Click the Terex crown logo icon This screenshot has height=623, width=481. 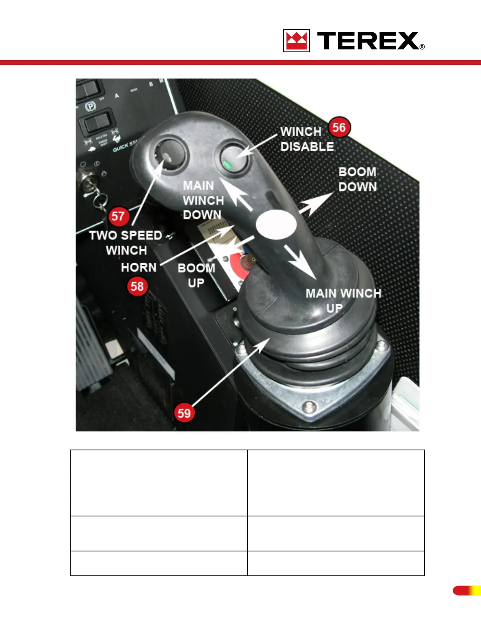coord(296,41)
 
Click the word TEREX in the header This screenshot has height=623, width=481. coord(368,41)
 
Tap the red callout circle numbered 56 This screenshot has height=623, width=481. coord(339,127)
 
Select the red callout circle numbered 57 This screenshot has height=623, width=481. coord(118,216)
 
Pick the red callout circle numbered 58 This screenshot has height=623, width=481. coord(137,286)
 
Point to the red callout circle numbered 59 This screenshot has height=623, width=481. coord(184,413)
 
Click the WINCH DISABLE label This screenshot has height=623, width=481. coord(307,139)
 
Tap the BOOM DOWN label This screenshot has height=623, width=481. coord(357,179)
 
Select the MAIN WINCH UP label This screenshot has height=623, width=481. coord(343,300)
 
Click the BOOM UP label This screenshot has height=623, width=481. coord(196,275)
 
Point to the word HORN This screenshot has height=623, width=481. coord(139,267)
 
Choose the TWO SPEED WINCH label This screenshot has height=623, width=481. coord(126,243)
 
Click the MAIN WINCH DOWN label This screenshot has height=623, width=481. coord(203,200)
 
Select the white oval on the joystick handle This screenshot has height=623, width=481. coord(276,225)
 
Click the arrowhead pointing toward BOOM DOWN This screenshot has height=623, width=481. coord(322,200)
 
